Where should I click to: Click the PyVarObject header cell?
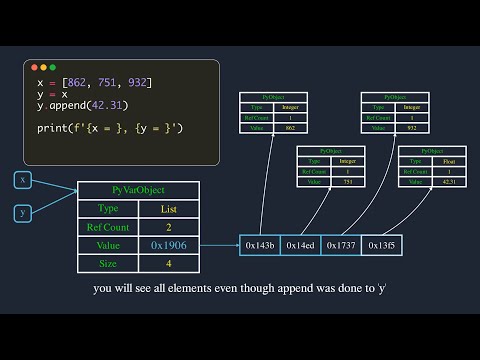pyautogui.click(x=138, y=190)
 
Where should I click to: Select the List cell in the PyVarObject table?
pyautogui.click(x=169, y=209)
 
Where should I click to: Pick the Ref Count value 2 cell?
pyautogui.click(x=169, y=227)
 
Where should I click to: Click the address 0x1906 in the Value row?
pyautogui.click(x=169, y=245)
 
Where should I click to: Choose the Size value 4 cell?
pyautogui.click(x=169, y=263)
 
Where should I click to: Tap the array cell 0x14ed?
pyautogui.click(x=301, y=245)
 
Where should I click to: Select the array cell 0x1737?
pyautogui.click(x=341, y=245)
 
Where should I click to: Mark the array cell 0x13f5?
pyautogui.click(x=381, y=245)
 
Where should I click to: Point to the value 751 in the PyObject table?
pyautogui.click(x=345, y=181)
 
